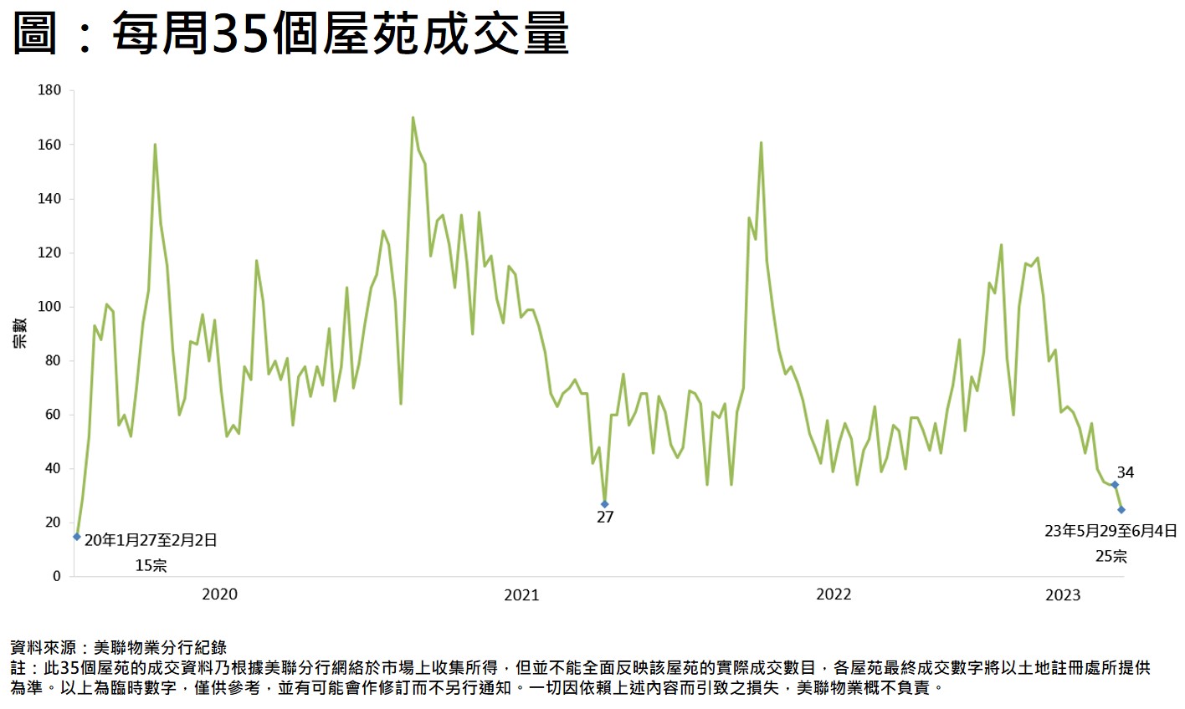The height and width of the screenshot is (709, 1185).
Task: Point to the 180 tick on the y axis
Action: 49,90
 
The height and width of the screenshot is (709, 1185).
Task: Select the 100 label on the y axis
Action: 49,307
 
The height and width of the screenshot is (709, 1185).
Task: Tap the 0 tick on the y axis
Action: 57,576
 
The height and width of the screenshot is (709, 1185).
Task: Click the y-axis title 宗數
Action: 19,333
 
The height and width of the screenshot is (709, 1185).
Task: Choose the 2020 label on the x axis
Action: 219,594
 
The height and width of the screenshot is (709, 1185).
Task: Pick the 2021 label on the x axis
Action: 521,594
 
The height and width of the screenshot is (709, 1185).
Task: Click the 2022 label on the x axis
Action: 834,594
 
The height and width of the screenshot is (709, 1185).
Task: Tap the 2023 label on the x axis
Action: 1063,594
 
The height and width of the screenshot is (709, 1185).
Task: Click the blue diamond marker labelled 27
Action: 604,504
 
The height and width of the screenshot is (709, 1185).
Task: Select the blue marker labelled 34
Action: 1115,485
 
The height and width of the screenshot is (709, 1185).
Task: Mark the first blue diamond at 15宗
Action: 77,537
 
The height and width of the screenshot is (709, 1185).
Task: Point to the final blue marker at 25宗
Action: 1121,509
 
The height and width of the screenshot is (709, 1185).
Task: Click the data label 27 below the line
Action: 605,518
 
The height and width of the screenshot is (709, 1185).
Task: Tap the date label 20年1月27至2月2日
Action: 151,541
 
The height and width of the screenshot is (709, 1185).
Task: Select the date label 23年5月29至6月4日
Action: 1111,531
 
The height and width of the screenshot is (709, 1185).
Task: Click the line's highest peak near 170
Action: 413,118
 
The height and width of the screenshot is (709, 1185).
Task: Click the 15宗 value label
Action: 151,566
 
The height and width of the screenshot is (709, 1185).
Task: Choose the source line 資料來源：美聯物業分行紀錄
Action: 118,647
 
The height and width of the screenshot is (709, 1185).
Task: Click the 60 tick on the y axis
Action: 53,415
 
